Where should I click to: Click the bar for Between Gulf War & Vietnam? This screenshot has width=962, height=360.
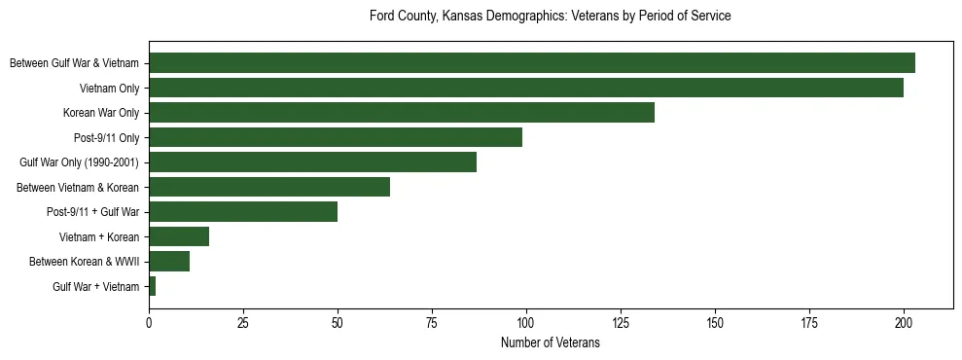pos(531,63)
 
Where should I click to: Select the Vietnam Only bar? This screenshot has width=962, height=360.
pos(525,88)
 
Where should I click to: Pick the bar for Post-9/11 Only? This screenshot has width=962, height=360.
pos(335,137)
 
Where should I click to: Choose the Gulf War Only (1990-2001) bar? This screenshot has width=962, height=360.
pos(312,162)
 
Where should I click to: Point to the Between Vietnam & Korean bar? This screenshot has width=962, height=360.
pos(268,187)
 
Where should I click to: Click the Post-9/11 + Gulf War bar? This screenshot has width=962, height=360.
pos(242,212)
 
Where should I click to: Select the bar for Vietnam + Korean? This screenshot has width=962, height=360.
pos(178,236)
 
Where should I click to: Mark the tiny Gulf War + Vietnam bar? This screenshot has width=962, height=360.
pos(152,286)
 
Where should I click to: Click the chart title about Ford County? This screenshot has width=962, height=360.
pos(550,17)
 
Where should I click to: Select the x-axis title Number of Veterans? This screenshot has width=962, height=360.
pos(550,343)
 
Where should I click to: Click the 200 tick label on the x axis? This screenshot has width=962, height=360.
pos(904,321)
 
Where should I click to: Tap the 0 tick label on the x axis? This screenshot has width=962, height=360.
pos(149,321)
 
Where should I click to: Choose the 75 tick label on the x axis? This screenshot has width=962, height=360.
pos(432,321)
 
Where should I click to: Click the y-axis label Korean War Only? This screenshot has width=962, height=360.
pos(101,113)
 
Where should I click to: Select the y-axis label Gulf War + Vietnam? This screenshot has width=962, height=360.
pos(95,286)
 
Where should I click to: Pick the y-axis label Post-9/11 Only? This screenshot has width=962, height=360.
pos(106,137)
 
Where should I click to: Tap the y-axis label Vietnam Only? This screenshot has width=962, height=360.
pos(109,88)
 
